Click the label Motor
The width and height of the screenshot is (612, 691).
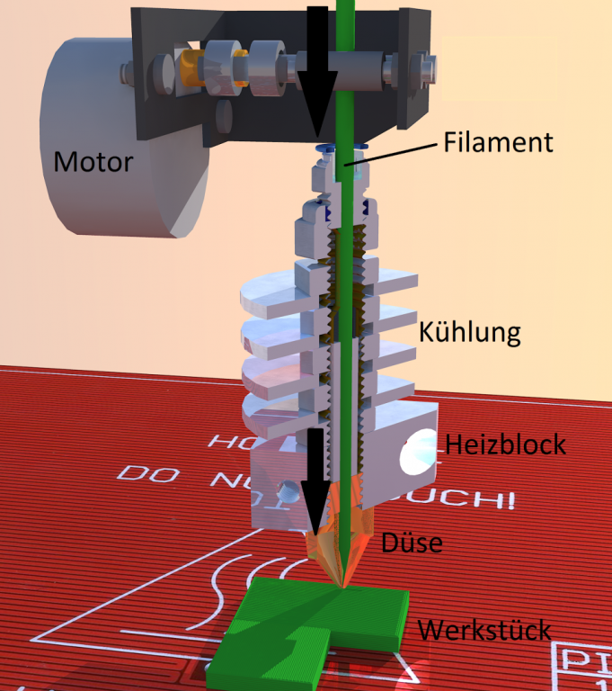93,162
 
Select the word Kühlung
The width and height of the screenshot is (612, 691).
470,332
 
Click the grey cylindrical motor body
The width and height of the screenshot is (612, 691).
99,135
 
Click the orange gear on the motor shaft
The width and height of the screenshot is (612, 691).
189,67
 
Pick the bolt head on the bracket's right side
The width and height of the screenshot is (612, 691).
421,68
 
